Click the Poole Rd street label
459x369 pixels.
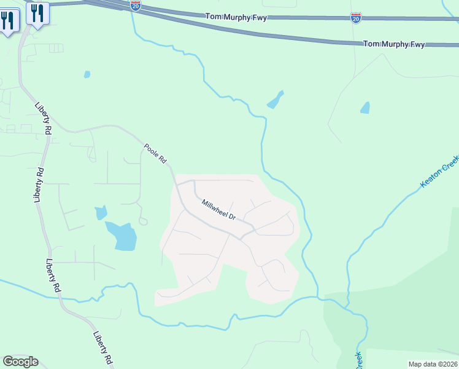pyautogui.click(x=155, y=153)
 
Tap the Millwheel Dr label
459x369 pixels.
pyautogui.click(x=219, y=209)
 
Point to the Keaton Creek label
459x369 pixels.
pyautogui.click(x=439, y=172)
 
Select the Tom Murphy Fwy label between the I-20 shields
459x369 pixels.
pyautogui.click(x=236, y=17)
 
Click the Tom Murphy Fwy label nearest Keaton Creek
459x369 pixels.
pyautogui.click(x=394, y=44)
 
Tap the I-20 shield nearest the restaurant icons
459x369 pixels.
pyautogui.click(x=136, y=6)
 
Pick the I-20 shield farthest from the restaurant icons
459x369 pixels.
pyautogui.click(x=356, y=17)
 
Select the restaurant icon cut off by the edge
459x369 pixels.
pyautogui.click(x=9, y=21)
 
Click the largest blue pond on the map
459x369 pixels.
pyautogui.click(x=122, y=236)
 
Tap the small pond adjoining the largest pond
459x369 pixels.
pyautogui.click(x=101, y=213)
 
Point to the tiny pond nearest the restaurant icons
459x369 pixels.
pyautogui.click(x=87, y=74)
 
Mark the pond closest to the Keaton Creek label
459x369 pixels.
pyautogui.click(x=365, y=108)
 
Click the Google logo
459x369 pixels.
pyautogui.click(x=20, y=362)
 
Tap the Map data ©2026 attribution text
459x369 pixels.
pyautogui.click(x=433, y=364)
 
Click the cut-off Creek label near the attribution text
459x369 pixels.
pyautogui.click(x=358, y=360)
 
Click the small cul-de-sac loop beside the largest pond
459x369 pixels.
pyautogui.click(x=143, y=221)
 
